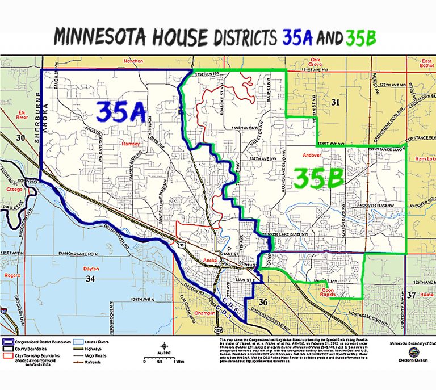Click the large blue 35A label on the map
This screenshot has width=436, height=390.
121,111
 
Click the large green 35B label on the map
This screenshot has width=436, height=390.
319,179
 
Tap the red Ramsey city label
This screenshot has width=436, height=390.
131,144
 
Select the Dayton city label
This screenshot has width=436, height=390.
91,269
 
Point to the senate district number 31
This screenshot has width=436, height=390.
334,102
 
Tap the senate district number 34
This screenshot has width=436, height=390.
90,279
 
